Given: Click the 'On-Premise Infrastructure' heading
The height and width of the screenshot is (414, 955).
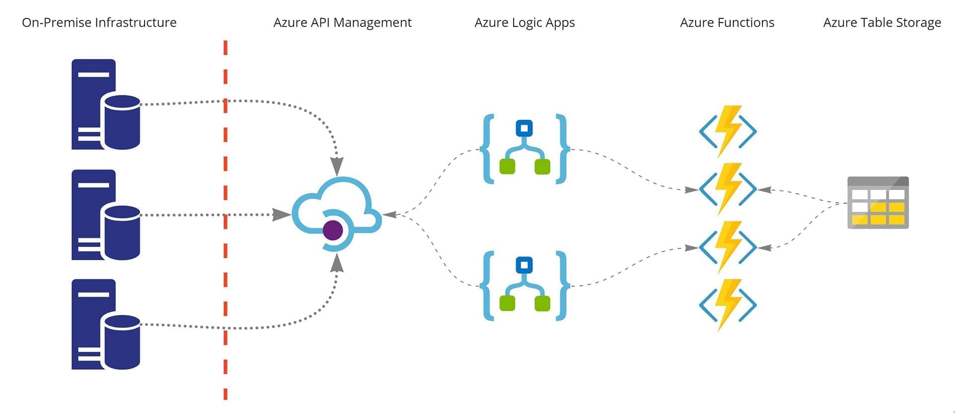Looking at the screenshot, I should click(x=99, y=22).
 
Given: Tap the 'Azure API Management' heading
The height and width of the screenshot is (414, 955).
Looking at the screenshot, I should click(x=342, y=22).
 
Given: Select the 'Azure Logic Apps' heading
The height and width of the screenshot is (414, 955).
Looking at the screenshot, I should click(x=524, y=22).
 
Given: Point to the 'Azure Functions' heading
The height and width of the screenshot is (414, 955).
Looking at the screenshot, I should click(x=727, y=22).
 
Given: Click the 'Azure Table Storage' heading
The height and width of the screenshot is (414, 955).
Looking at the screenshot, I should click(x=882, y=22).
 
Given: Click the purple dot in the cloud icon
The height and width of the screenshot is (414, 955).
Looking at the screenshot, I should click(x=333, y=230).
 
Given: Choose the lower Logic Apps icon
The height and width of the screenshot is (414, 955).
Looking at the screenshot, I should click(x=524, y=286).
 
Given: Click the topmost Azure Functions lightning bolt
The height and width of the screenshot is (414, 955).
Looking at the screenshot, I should click(x=728, y=131).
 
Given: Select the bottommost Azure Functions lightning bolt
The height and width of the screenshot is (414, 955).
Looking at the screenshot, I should click(x=728, y=305).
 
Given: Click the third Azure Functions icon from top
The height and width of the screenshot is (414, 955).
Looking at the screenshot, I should click(x=728, y=247).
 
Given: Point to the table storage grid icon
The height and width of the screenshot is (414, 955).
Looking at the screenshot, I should click(x=878, y=203).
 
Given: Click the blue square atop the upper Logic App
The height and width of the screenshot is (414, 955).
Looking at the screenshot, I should click(x=524, y=128).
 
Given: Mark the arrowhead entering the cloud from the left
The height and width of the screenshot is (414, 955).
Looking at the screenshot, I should click(x=282, y=215).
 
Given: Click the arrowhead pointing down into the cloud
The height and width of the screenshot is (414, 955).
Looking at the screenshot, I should click(x=337, y=166).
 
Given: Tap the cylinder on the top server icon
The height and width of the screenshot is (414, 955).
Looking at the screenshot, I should click(x=121, y=122).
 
